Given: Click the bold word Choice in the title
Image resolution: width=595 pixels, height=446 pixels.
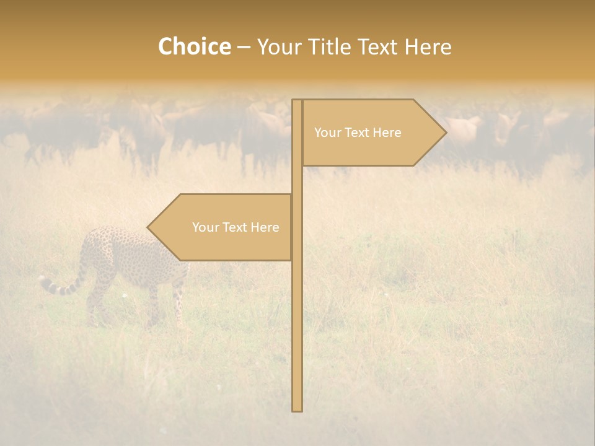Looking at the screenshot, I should click(x=194, y=47).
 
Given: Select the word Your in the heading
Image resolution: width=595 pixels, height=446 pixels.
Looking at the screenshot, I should click(x=280, y=47).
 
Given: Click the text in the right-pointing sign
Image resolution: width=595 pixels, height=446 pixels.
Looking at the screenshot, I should click(x=358, y=133).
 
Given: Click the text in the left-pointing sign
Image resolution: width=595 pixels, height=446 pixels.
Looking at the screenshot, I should click(x=236, y=227).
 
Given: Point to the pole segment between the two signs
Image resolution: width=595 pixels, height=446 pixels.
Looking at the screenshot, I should click(x=297, y=180).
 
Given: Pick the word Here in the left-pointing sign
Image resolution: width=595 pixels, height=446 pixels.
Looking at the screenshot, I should click(x=265, y=227).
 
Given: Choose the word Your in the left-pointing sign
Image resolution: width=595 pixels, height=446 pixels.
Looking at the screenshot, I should click(x=205, y=227).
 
